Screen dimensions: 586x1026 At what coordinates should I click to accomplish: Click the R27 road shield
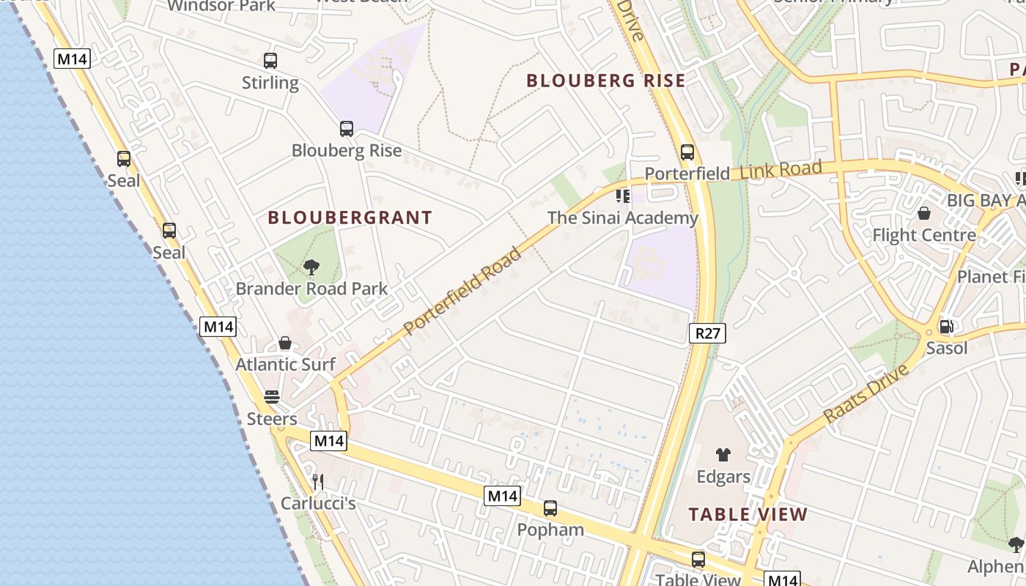[x=707, y=334]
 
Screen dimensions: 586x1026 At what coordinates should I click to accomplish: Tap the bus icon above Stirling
[x=270, y=61]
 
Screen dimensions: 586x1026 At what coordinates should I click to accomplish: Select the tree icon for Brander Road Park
[x=311, y=267]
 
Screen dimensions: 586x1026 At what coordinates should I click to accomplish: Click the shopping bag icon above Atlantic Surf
[x=285, y=343]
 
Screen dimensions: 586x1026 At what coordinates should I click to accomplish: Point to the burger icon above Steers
[x=272, y=397]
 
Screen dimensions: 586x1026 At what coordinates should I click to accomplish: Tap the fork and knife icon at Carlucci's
[x=318, y=481]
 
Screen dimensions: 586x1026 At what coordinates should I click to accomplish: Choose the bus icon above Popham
[x=550, y=508]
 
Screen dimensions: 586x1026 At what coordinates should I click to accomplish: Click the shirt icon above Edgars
[x=723, y=455]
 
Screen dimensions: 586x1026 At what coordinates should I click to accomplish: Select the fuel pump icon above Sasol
[x=946, y=327]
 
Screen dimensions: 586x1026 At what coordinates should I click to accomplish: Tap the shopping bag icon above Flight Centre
[x=924, y=213]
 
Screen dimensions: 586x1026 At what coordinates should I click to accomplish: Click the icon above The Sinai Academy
[x=623, y=196]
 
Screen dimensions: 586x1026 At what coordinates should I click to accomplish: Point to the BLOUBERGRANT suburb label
[x=350, y=218]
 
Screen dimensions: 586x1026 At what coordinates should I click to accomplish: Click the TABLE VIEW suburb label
[x=748, y=514]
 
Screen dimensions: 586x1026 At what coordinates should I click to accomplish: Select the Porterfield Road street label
[x=462, y=291]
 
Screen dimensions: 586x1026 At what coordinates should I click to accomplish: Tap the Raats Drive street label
[x=866, y=393]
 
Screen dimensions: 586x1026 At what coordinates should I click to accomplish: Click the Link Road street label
[x=780, y=171]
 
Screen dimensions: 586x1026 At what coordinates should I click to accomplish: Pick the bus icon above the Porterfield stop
[x=687, y=152]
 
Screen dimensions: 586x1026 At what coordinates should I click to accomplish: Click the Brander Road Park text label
[x=311, y=289]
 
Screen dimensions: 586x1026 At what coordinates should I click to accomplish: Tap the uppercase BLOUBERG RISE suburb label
[x=606, y=81]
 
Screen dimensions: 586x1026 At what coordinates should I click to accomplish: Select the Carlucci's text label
[x=318, y=504]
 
